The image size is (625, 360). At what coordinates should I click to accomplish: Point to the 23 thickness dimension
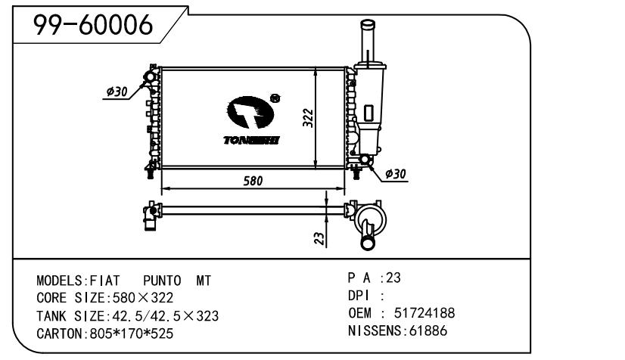[319, 238]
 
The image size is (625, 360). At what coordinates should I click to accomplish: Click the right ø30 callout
[396, 174]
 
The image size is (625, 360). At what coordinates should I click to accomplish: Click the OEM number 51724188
[424, 313]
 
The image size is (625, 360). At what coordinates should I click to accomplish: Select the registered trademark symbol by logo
[275, 98]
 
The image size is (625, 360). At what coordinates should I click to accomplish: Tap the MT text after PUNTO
[204, 281]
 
